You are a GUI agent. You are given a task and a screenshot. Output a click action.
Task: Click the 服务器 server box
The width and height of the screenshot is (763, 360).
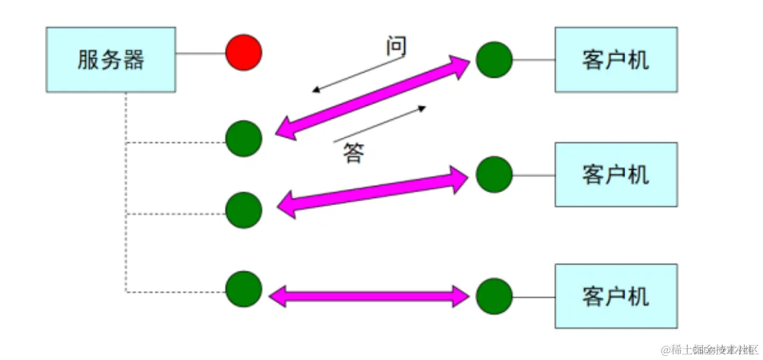click(111, 60)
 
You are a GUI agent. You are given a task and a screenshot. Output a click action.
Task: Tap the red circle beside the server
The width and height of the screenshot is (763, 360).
click(244, 53)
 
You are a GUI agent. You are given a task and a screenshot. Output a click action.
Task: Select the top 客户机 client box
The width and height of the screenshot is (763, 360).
click(615, 60)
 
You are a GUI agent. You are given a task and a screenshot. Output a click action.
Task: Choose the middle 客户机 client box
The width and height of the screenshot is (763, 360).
click(615, 174)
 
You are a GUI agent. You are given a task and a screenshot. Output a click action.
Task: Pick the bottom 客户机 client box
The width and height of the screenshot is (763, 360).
click(615, 296)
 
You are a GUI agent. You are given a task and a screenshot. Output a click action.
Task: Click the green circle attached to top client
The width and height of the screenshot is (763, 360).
click(494, 60)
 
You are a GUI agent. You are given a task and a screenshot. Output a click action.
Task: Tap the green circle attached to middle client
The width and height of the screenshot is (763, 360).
click(494, 174)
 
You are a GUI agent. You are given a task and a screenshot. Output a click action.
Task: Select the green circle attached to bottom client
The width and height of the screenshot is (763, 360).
click(494, 296)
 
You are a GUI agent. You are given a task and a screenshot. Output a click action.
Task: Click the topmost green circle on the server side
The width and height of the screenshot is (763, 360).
click(244, 138)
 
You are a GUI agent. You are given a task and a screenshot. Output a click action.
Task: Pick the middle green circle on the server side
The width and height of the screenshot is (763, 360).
click(244, 210)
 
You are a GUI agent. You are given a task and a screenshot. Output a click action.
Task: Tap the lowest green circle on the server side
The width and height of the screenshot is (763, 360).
click(244, 289)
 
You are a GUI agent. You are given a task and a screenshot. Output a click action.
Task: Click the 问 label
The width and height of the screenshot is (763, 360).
click(396, 46)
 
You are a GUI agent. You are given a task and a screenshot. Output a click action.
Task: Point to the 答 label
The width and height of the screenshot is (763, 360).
click(353, 153)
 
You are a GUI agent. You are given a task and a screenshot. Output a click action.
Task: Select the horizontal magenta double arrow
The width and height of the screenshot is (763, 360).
click(369, 296)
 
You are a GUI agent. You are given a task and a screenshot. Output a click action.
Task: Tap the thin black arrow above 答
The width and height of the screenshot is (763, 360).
click(379, 124)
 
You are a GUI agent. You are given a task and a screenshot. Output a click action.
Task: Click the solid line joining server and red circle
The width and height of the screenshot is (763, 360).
click(201, 53)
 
